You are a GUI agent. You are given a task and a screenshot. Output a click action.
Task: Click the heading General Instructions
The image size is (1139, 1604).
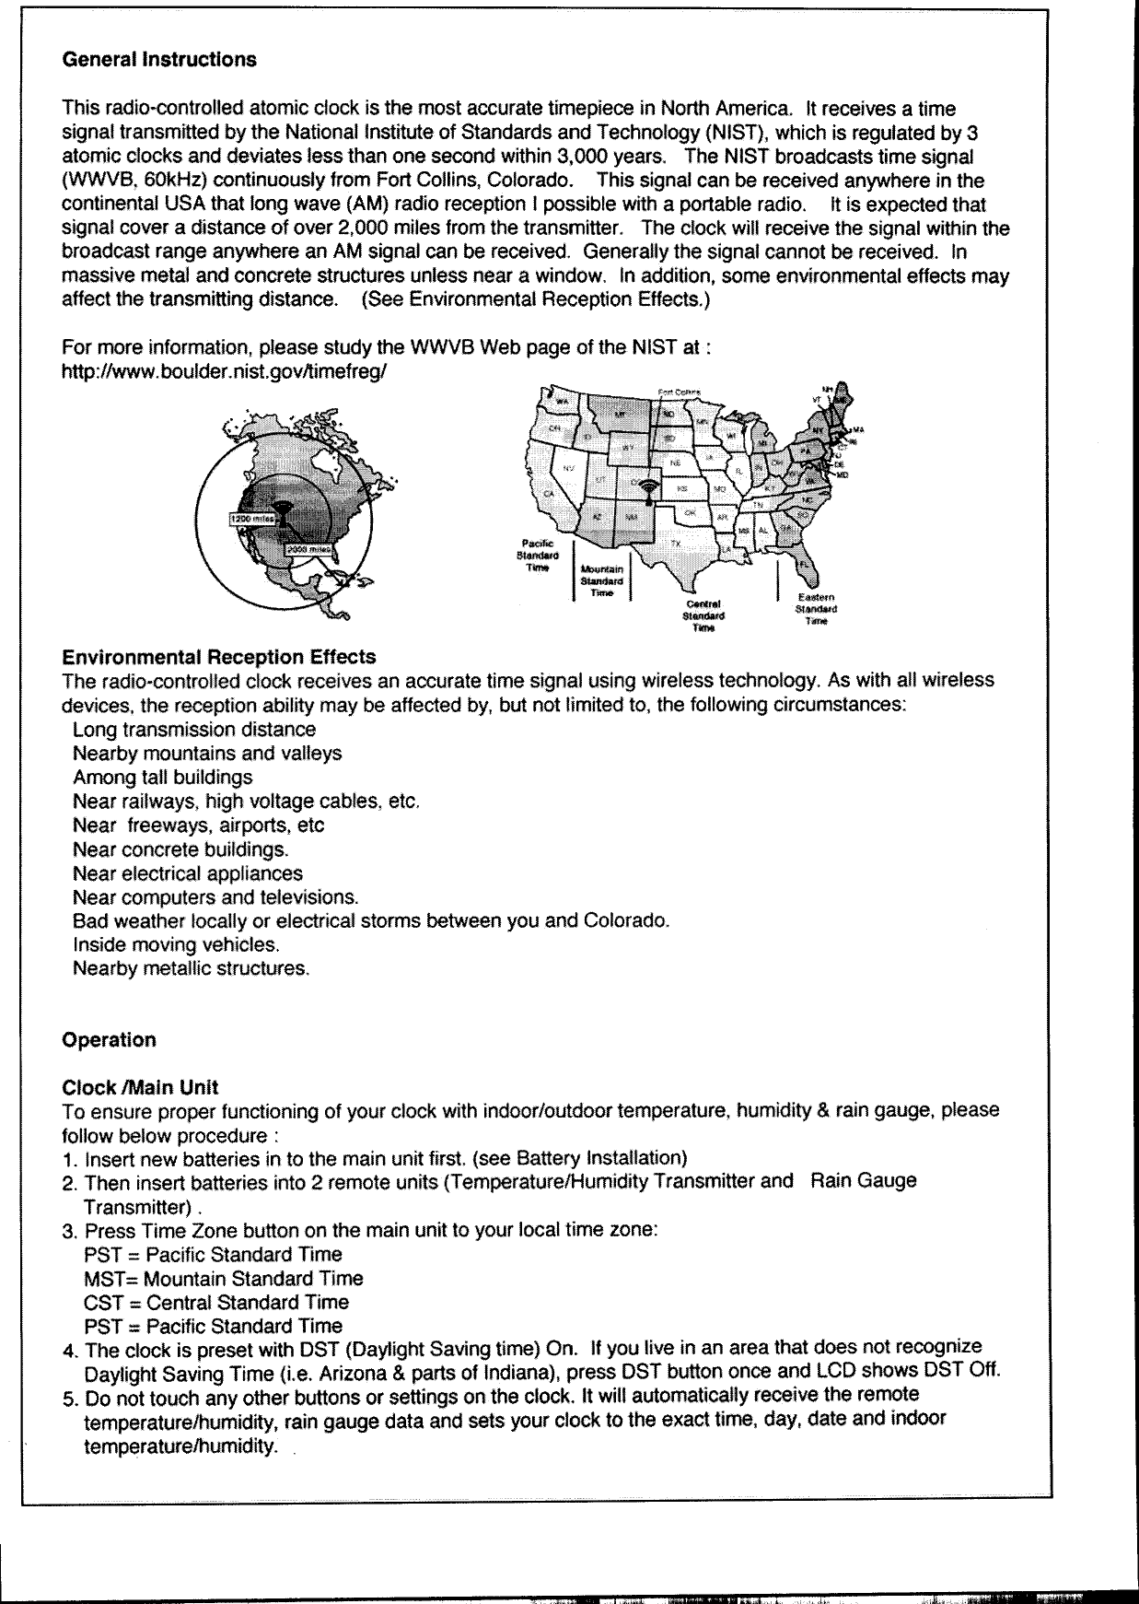click(158, 60)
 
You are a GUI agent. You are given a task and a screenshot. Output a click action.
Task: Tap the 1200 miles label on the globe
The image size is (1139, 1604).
click(250, 519)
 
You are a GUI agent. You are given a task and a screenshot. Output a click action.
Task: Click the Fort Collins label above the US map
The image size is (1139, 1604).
click(679, 392)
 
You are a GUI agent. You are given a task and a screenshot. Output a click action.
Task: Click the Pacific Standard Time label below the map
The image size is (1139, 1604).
click(537, 556)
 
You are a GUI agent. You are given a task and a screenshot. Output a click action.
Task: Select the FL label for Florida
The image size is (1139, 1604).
click(804, 564)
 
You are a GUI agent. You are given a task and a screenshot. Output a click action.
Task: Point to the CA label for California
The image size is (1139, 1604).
click(550, 495)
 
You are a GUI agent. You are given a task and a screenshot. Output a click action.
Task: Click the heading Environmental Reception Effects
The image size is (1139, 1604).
click(219, 657)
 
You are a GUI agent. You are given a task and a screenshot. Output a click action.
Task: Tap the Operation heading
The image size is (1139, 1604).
click(109, 1040)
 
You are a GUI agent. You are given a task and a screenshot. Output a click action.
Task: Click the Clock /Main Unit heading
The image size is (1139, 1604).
click(139, 1087)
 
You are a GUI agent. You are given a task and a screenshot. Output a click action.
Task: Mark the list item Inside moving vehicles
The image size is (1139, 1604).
click(175, 944)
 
